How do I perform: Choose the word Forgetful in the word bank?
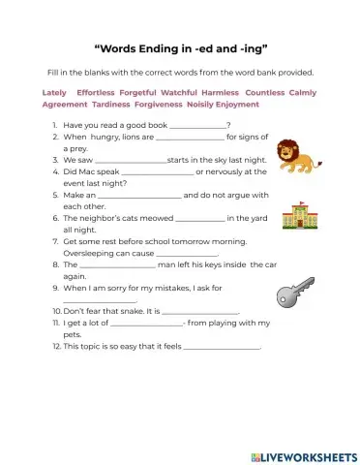tap(141, 92)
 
